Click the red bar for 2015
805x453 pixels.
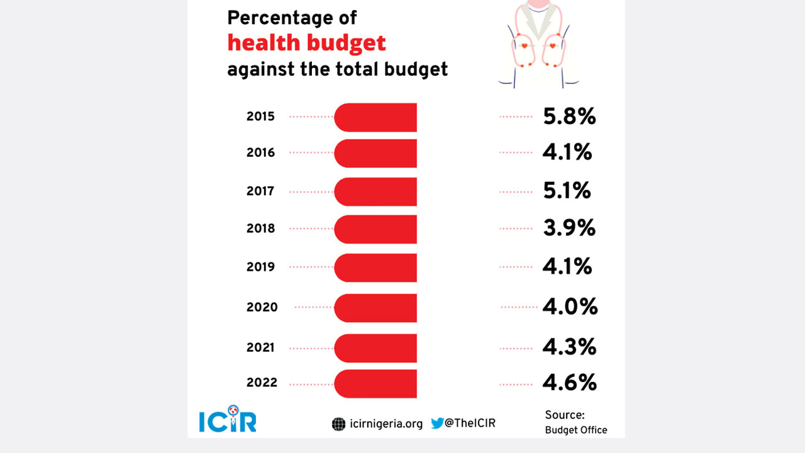pyautogui.click(x=375, y=118)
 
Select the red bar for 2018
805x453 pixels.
pyautogui.click(x=375, y=229)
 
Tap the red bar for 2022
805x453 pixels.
pyautogui.click(x=375, y=383)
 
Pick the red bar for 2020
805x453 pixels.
pyautogui.click(x=375, y=308)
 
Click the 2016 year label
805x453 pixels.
pyautogui.click(x=260, y=153)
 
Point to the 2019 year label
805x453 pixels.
pyautogui.click(x=260, y=267)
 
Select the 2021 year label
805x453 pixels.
pyautogui.click(x=260, y=347)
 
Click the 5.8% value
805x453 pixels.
pyautogui.click(x=569, y=116)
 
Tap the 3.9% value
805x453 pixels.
pyautogui.click(x=569, y=228)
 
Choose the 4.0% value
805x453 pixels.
pyautogui.click(x=570, y=307)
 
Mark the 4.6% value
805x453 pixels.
pyautogui.click(x=570, y=383)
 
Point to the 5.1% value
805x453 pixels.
pyautogui.click(x=567, y=190)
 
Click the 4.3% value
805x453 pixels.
pyautogui.click(x=570, y=347)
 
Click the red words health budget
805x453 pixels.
pyautogui.click(x=306, y=43)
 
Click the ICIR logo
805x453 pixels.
pyautogui.click(x=228, y=421)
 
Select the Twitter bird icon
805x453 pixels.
pyautogui.click(x=437, y=423)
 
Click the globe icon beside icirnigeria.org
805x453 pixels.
pyautogui.click(x=338, y=424)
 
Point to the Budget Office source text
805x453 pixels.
pyautogui.click(x=576, y=430)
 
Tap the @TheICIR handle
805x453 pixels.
pyautogui.click(x=470, y=423)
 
